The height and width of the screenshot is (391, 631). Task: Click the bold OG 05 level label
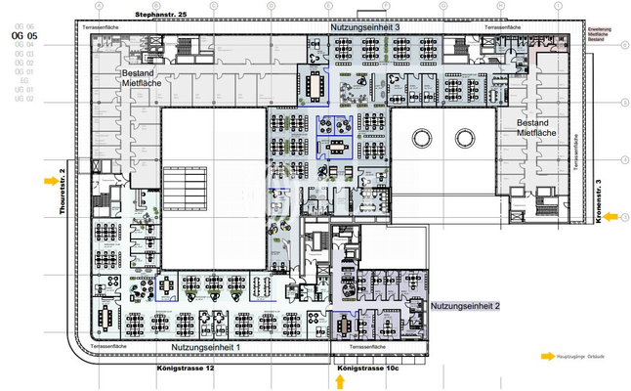click(x=24, y=36)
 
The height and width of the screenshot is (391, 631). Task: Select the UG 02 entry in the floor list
click(x=24, y=100)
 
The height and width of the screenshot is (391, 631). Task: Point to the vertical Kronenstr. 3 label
click(x=598, y=201)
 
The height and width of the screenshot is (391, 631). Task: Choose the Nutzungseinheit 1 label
click(x=206, y=348)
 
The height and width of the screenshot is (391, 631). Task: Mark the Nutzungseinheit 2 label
click(x=465, y=306)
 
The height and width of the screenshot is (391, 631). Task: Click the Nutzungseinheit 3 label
click(x=364, y=29)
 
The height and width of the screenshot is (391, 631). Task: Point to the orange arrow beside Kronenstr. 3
click(x=610, y=217)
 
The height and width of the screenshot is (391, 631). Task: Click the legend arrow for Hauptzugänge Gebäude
click(x=549, y=358)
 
